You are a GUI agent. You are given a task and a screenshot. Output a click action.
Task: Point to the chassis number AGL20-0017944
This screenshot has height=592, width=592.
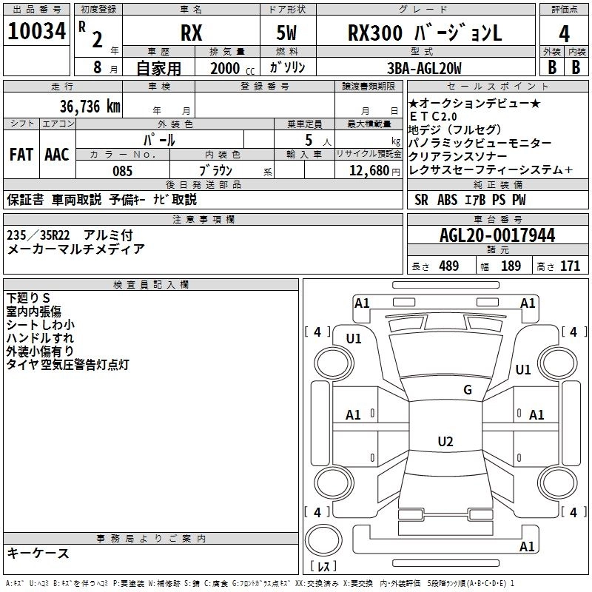click(497, 236)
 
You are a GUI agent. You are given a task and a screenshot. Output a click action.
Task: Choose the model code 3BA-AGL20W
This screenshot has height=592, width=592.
click(424, 69)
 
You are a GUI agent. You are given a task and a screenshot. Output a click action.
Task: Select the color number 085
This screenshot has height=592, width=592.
click(122, 171)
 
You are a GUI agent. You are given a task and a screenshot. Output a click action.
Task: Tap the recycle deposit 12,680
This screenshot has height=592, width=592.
click(367, 171)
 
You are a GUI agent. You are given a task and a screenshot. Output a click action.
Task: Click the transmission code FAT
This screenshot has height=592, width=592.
click(21, 155)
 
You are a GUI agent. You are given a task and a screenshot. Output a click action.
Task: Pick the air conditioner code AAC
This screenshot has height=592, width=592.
click(57, 155)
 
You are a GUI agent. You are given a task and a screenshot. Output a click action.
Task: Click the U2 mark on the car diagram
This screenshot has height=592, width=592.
click(445, 442)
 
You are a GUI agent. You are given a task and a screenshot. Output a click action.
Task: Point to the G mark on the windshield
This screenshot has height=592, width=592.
click(467, 390)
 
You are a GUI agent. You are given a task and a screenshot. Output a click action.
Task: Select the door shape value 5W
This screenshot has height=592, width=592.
click(288, 34)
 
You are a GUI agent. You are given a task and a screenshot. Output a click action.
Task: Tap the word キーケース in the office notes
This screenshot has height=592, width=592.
click(38, 554)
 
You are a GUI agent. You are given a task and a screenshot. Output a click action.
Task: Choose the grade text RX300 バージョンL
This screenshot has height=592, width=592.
click(425, 34)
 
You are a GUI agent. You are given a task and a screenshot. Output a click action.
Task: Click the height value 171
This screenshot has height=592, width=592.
click(570, 266)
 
